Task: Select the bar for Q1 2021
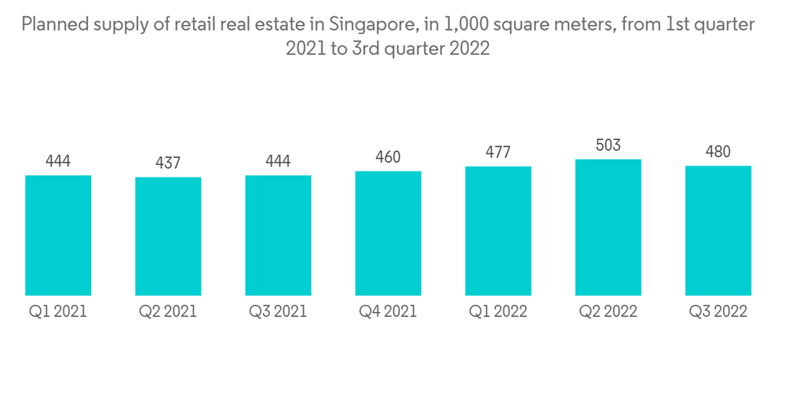[58, 235]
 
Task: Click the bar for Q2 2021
[168, 236]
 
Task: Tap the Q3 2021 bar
[278, 235]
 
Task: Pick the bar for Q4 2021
[388, 233]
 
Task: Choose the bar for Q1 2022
[498, 231]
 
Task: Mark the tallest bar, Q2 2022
[608, 227]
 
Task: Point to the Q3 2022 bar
[717, 230]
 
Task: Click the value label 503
[608, 145]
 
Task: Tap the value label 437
[168, 163]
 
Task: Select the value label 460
[388, 157]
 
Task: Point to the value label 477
[498, 152]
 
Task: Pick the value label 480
[717, 152]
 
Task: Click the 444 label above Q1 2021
[58, 161]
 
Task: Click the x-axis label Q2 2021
[168, 312]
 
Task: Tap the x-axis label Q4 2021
[388, 312]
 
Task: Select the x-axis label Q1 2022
[498, 312]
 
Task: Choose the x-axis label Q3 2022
[717, 312]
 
